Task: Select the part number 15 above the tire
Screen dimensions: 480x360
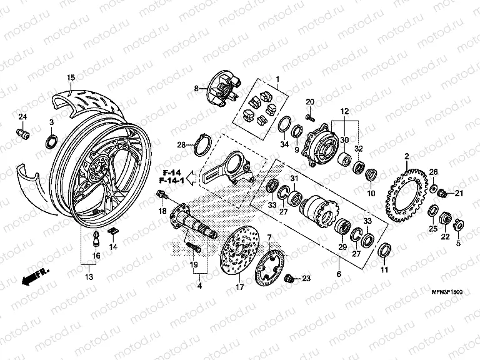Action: (71, 77)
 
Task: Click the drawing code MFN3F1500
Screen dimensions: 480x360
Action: (447, 292)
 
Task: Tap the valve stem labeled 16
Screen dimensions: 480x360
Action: (96, 238)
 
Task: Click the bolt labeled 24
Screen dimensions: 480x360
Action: (22, 133)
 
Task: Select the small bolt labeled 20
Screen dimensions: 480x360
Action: (310, 117)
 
